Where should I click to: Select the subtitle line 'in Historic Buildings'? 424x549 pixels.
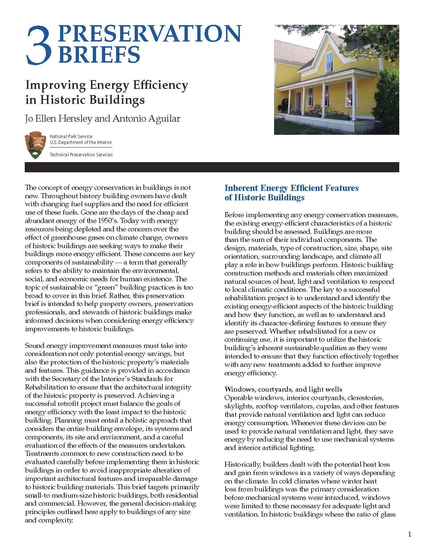point(85,99)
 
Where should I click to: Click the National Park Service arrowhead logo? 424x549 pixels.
point(35,145)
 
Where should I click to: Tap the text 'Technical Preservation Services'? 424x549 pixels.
point(81,154)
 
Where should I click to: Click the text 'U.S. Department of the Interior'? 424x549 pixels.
point(81,142)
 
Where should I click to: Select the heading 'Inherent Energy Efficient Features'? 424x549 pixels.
point(292,188)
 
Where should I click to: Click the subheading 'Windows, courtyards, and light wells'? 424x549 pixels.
point(283,389)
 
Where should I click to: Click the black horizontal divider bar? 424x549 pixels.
point(212,167)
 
